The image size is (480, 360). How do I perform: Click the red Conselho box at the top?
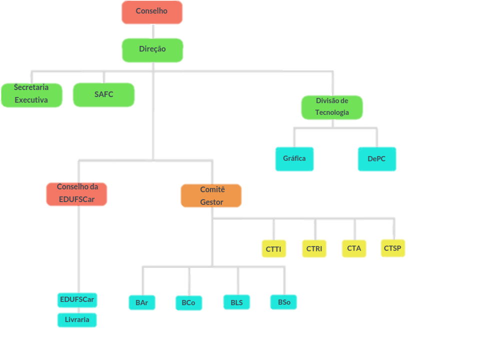tap(151, 12)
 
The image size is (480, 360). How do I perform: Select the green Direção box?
tap(152, 50)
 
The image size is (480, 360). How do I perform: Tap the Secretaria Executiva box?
tap(31, 95)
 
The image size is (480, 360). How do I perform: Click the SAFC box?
tap(103, 94)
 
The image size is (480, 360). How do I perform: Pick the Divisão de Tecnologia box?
tap(331, 107)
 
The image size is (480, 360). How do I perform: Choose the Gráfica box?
tap(294, 159)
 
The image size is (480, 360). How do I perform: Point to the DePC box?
tap(377, 159)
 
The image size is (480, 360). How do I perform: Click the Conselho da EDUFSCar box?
tap(76, 194)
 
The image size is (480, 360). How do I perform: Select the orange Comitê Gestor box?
tap(211, 195)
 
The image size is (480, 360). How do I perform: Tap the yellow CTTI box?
tap(273, 248)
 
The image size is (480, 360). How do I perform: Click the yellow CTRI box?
tap(314, 248)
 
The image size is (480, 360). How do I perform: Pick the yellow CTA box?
tap(354, 248)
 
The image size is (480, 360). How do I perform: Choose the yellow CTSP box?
tap(392, 248)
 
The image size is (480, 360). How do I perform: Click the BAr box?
tap(141, 302)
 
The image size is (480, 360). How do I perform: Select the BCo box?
tap(188, 303)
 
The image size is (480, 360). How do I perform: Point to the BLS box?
tap(236, 302)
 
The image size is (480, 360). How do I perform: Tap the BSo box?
tap(283, 301)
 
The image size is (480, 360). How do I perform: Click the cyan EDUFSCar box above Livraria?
tap(77, 300)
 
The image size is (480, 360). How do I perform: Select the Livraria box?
tap(77, 320)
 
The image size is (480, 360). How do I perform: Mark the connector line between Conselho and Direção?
tap(152, 31)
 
